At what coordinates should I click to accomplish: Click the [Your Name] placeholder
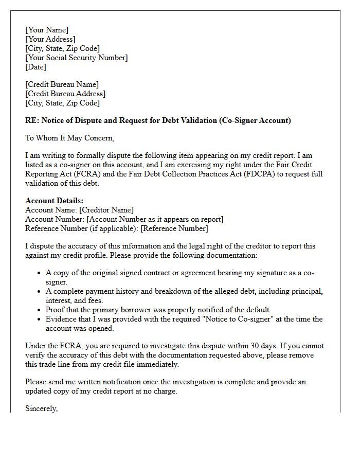(47, 30)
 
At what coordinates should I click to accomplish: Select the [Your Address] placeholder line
(50, 39)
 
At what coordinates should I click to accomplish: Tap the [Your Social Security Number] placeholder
(77, 58)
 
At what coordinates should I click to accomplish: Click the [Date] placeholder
(35, 67)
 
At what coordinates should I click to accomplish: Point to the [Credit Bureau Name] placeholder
(62, 84)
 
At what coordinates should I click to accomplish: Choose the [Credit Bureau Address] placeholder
(65, 94)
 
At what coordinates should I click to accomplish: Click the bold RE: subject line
(158, 120)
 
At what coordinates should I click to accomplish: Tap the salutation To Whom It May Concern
(69, 138)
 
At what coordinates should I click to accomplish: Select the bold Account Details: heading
(54, 201)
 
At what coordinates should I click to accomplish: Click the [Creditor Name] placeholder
(106, 210)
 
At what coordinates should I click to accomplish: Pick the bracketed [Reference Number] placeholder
(174, 228)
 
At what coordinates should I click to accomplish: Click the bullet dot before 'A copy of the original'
(39, 273)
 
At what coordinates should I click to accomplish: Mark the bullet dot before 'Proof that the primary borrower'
(39, 310)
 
